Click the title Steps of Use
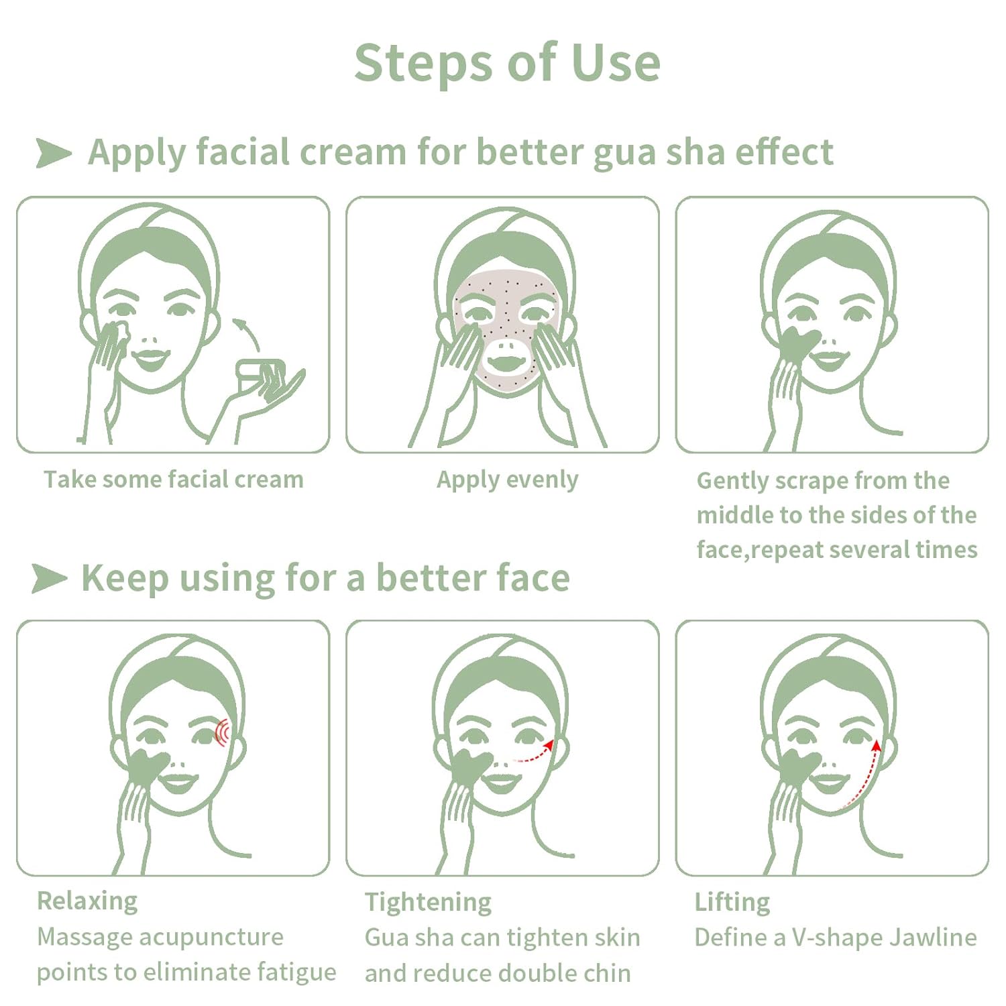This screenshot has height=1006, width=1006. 507,63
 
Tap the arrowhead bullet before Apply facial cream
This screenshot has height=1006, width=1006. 54,153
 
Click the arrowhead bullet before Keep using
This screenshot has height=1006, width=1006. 50,578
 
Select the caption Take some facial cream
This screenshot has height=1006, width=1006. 174,480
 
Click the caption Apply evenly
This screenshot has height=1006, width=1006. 507,480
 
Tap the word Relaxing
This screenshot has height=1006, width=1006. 87,901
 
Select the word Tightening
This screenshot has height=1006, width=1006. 428,903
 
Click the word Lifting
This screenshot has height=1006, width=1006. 732,903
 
